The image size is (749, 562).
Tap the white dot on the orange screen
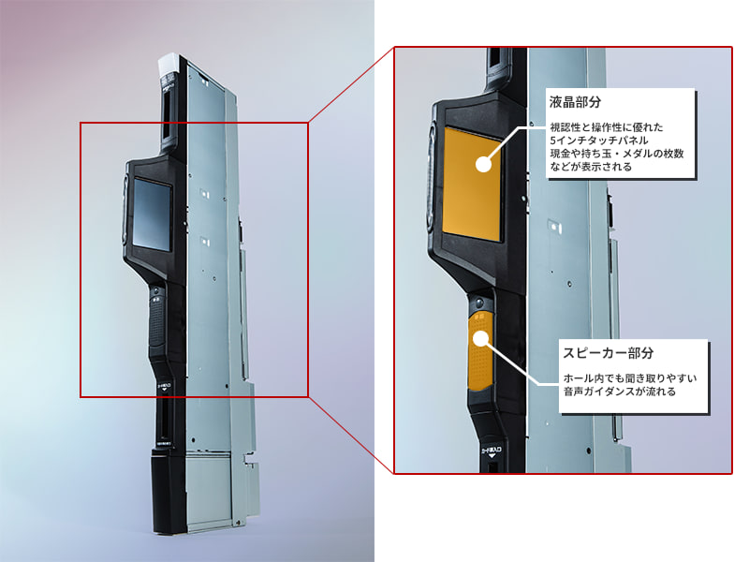click(484, 165)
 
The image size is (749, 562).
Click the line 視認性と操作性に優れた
click(608, 126)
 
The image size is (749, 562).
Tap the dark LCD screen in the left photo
click(152, 213)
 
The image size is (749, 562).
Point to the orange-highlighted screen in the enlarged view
click(471, 183)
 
